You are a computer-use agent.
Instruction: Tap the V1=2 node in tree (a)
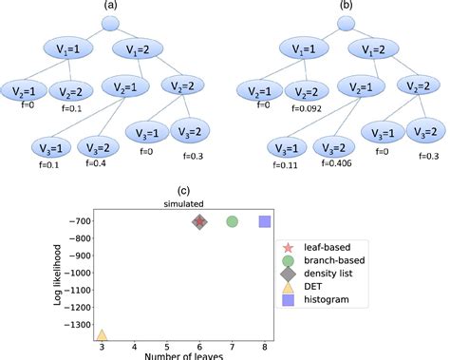136,49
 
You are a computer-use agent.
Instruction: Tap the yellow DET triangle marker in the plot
102,335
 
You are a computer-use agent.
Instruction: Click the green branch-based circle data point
233,221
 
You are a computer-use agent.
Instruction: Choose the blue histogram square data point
266,221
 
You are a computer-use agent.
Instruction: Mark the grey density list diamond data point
199,221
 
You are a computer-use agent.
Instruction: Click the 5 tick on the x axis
167,348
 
